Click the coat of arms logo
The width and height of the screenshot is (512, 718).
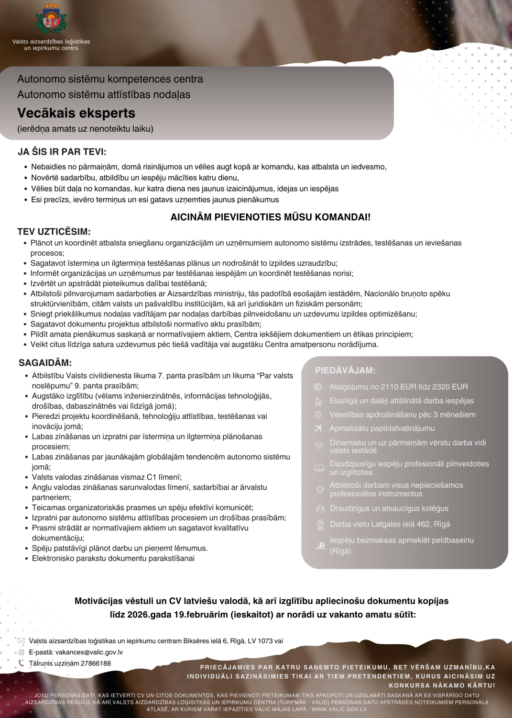click(x=51, y=20)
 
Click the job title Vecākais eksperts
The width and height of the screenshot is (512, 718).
click(x=76, y=113)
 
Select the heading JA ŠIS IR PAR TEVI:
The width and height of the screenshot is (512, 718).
click(x=62, y=152)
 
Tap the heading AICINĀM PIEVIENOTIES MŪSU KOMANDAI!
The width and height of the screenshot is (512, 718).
click(x=270, y=217)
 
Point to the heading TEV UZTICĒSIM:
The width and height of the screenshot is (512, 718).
click(x=54, y=232)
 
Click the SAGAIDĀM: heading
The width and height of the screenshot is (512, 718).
click(x=45, y=363)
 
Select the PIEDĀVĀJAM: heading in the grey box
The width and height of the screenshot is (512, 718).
click(x=345, y=370)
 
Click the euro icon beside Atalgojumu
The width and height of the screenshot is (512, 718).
click(x=318, y=387)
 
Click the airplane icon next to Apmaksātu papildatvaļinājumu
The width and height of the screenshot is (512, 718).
click(x=318, y=428)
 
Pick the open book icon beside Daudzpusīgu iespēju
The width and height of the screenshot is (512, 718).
click(x=319, y=468)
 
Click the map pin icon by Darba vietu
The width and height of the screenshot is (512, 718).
click(x=320, y=525)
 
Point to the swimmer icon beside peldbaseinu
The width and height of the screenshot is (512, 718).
click(x=320, y=545)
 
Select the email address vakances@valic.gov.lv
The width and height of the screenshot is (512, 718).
click(x=89, y=652)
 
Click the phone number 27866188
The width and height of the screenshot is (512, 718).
click(x=96, y=663)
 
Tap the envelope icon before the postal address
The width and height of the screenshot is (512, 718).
click(x=21, y=641)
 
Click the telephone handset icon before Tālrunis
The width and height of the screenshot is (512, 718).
click(x=21, y=663)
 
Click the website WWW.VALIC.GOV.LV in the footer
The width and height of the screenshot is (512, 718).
click(x=339, y=709)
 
